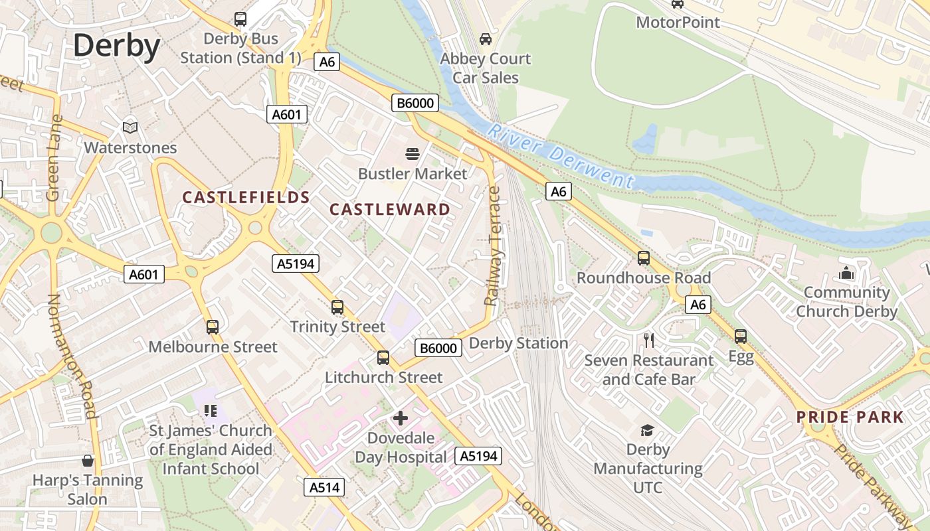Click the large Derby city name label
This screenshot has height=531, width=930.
116,46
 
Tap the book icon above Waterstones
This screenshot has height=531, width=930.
130,127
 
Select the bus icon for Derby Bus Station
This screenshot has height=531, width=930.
240,19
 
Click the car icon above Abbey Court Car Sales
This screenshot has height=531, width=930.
486,39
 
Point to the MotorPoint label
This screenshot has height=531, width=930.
678,23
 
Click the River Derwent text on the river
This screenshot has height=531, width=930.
560,155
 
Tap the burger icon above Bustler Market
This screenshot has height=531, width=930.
413,154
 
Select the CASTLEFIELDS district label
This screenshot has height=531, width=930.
246,197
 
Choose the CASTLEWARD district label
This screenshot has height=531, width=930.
390,210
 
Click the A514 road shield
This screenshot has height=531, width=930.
325,487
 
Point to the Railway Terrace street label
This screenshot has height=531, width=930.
493,246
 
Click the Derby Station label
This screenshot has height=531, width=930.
518,343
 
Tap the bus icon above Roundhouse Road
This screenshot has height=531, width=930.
643,258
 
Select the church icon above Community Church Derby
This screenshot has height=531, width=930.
846,273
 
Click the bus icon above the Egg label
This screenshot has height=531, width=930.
741,337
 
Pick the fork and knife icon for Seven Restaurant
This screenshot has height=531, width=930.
649,341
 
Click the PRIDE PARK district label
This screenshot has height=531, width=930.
850,417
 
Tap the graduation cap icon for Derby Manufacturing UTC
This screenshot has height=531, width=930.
647,431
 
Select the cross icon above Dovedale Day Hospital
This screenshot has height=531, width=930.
401,418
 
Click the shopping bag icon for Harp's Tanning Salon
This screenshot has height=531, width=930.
88,461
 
